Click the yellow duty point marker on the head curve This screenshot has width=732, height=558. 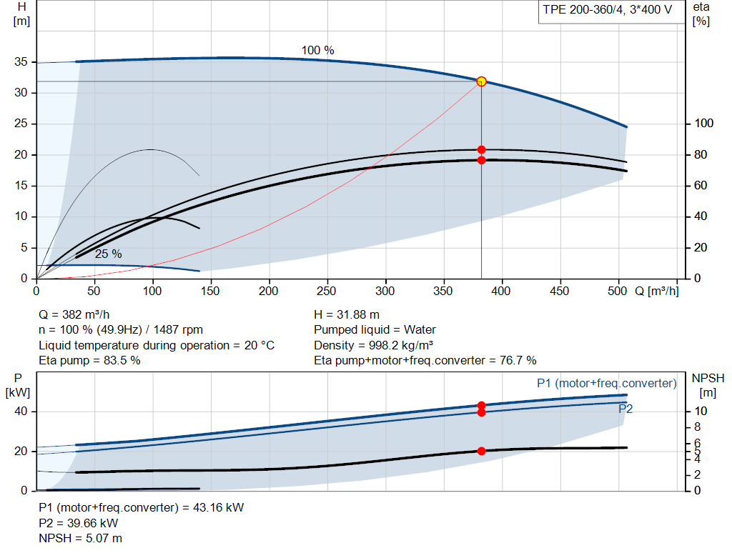click(481, 81)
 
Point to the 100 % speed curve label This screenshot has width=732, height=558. click(318, 51)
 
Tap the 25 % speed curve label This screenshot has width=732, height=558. click(109, 254)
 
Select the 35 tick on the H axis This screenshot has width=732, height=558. click(21, 61)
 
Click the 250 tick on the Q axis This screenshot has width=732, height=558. click(326, 291)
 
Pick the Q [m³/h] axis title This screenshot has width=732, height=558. click(657, 291)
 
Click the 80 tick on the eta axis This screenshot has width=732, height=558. click(701, 154)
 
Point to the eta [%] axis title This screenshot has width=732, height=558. click(701, 14)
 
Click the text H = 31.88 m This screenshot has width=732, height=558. click(347, 315)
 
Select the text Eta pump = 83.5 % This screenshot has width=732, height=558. click(89, 361)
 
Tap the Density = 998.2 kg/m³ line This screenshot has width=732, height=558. click(373, 345)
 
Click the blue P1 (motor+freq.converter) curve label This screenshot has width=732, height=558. click(607, 384)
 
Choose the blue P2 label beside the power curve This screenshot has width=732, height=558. click(625, 409)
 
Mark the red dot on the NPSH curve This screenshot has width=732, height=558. click(481, 451)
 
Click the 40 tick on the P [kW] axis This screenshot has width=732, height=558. click(21, 412)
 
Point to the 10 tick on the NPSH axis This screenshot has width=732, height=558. click(701, 411)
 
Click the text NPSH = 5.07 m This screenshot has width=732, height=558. click(80, 539)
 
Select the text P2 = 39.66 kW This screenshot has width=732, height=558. click(79, 524)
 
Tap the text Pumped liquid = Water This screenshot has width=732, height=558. click(375, 330)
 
